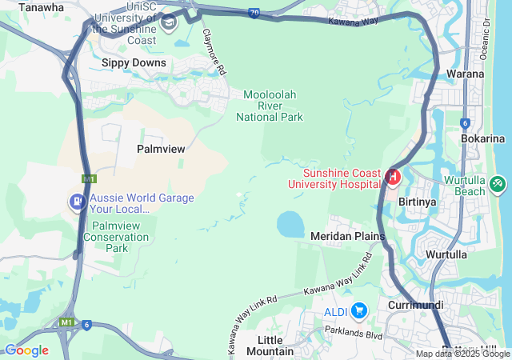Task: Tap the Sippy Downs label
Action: tap(134, 62)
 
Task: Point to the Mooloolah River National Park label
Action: tap(270, 106)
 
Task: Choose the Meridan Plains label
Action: tap(347, 236)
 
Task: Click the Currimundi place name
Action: tap(415, 306)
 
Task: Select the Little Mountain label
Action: tap(270, 346)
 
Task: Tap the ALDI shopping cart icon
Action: tap(359, 310)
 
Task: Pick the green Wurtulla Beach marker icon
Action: tap(498, 185)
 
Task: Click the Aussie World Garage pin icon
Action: tap(78, 201)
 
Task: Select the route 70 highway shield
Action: tap(254, 13)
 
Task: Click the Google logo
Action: tap(26, 350)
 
